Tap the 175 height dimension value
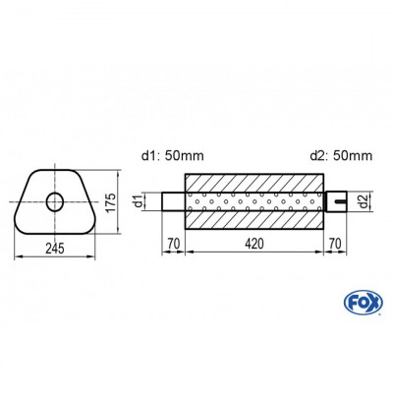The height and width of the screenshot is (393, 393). pyautogui.click(x=111, y=202)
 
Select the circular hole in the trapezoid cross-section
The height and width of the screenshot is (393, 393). pyautogui.click(x=55, y=203)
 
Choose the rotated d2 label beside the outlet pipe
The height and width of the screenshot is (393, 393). pyautogui.click(x=363, y=203)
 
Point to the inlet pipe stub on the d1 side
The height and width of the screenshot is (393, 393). pyautogui.click(x=174, y=203)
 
